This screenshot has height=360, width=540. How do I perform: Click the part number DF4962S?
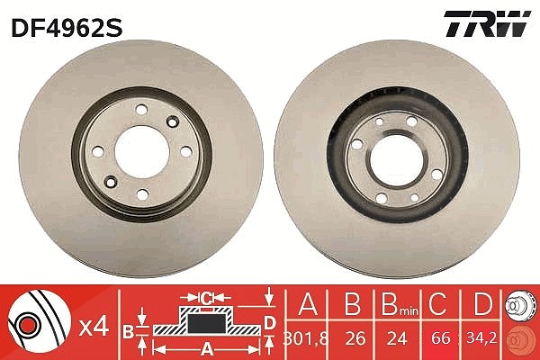67,28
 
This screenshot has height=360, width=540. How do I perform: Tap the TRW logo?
487,23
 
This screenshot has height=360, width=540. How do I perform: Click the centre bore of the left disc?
142,151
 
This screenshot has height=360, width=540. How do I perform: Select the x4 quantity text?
94,327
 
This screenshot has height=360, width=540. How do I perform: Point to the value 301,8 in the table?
306,339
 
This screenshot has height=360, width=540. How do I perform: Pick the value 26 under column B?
355,339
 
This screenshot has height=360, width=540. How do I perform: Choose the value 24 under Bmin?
397,339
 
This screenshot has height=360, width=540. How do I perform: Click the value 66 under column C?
440,339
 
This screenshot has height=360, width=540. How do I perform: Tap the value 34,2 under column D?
481,338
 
